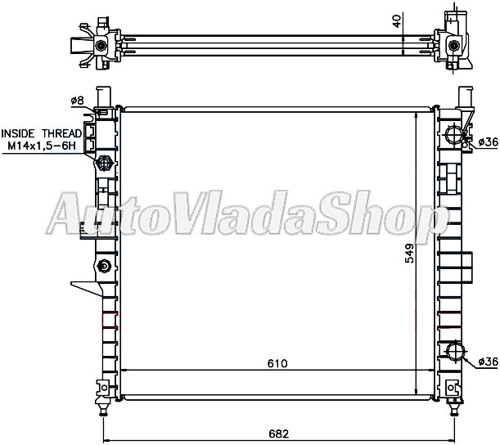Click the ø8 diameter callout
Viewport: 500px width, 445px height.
[78, 101]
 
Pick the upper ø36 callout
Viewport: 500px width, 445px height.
[487, 142]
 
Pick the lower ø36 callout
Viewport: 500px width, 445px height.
[487, 362]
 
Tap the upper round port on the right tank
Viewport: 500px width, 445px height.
[456, 136]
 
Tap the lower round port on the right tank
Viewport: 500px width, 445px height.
[455, 353]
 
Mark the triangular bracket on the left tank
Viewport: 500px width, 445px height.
[85, 289]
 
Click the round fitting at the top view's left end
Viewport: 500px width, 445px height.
[101, 44]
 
